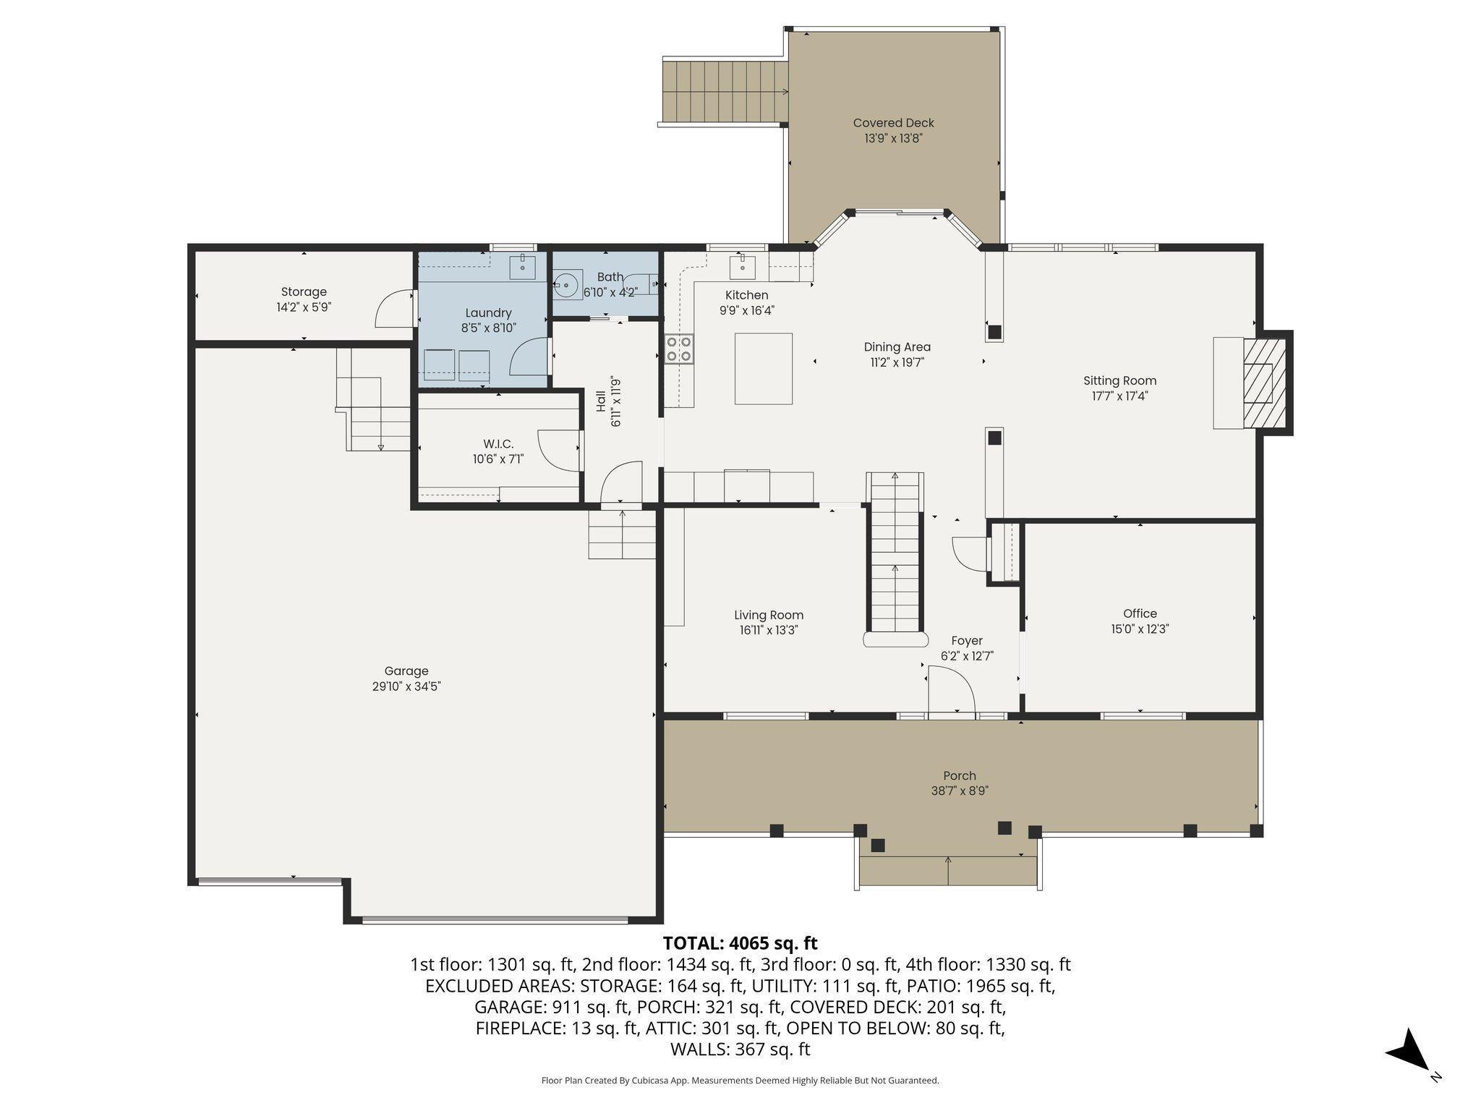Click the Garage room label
point(406,671)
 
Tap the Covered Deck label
point(893,123)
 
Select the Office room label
point(1140,613)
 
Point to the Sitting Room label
point(1119,380)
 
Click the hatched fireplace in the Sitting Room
point(1265,383)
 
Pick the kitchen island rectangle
point(764,368)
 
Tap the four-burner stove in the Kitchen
point(679,348)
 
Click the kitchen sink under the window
point(742,267)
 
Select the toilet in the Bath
point(568,284)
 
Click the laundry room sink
point(522,267)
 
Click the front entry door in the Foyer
point(951,690)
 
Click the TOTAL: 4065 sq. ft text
point(740,943)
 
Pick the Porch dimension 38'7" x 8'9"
point(960,791)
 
